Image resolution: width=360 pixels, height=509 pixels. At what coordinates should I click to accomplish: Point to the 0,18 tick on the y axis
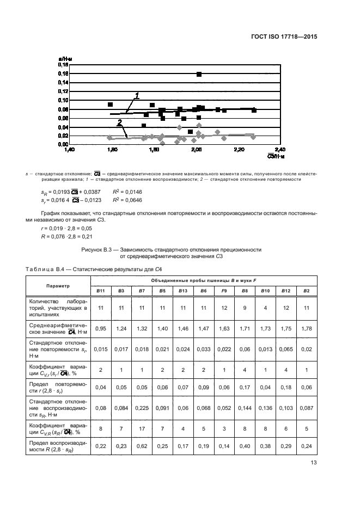[62, 65]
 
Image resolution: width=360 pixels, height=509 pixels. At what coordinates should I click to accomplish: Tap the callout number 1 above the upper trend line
[137, 96]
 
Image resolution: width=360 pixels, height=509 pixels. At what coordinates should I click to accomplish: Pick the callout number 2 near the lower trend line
[119, 123]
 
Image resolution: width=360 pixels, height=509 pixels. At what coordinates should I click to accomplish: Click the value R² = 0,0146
[127, 192]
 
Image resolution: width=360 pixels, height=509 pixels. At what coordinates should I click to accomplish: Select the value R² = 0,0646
[127, 200]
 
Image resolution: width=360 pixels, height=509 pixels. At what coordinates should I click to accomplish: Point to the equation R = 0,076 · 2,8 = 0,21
[53, 237]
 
